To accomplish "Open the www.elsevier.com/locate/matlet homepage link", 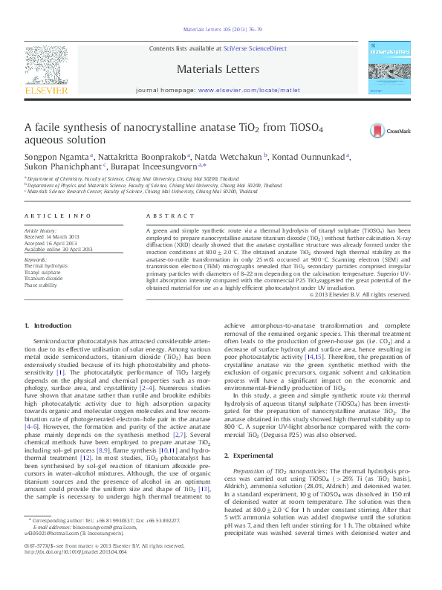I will (x=249, y=89).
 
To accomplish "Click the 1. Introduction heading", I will (x=48, y=346).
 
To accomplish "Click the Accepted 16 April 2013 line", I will (x=51, y=243).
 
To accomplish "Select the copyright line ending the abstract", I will (x=379, y=314).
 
